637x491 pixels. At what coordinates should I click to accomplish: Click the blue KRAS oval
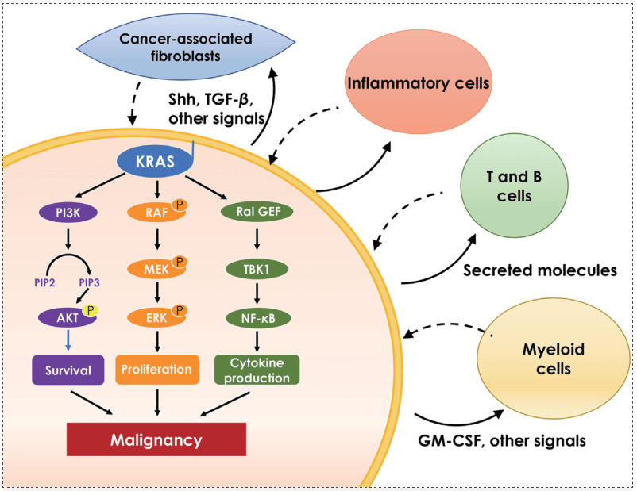pos(155,161)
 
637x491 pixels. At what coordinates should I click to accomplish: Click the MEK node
pos(156,270)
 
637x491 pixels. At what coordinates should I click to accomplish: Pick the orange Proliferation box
pos(156,370)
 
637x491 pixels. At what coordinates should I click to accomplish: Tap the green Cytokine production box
pos(256,370)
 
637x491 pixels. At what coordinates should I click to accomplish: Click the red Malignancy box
pos(156,439)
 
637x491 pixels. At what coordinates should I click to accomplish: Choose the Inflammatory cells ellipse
pos(415,82)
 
